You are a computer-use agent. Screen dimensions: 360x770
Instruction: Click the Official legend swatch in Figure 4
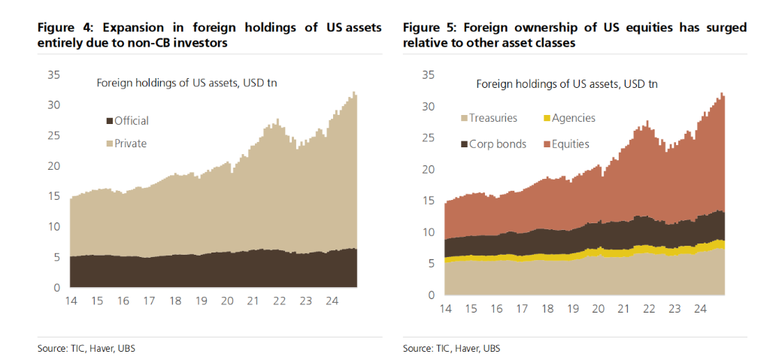(x=109, y=121)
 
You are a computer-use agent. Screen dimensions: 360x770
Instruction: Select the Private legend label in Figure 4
(x=131, y=143)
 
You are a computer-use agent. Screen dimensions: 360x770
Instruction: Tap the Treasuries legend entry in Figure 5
(x=494, y=119)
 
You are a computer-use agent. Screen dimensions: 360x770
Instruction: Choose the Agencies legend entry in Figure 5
(x=573, y=119)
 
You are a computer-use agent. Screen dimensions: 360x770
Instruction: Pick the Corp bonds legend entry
(x=498, y=143)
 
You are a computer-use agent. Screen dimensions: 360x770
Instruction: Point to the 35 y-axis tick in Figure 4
(x=53, y=74)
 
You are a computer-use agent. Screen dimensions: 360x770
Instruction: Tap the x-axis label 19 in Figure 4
(x=201, y=300)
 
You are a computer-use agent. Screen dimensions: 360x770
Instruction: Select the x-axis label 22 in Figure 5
(x=647, y=307)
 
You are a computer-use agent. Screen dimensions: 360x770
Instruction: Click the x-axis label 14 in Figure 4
(x=71, y=300)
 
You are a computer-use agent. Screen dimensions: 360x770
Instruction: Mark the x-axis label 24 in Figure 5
(x=700, y=307)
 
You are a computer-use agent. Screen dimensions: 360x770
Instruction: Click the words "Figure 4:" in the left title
(x=66, y=28)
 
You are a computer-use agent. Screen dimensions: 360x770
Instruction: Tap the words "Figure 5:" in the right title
(x=430, y=28)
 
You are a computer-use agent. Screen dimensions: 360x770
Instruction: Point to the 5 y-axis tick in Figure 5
(x=429, y=263)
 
